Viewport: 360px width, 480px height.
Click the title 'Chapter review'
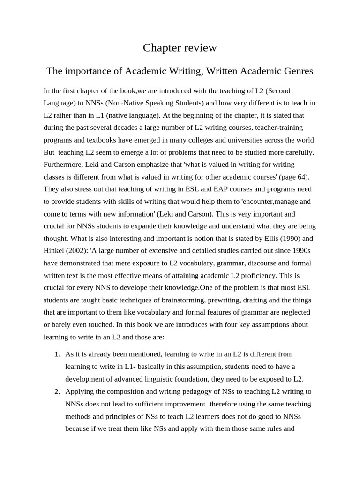point(180,47)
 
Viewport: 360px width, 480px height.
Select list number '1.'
point(57,354)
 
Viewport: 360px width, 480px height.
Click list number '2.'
point(57,392)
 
